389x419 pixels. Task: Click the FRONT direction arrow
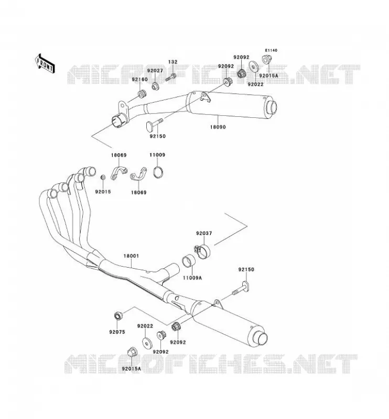(x=45, y=63)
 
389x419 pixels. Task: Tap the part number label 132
(x=172, y=62)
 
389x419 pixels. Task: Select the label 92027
(x=155, y=71)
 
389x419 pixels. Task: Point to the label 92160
(x=139, y=80)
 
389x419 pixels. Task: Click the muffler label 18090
(x=218, y=127)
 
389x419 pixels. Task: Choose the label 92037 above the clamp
(x=204, y=233)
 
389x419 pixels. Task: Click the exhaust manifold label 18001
(x=131, y=256)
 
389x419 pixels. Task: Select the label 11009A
(x=192, y=278)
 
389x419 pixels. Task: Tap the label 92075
(x=117, y=332)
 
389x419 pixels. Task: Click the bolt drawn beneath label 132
(x=170, y=78)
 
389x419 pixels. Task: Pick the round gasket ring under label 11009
(x=158, y=172)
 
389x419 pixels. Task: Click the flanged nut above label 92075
(x=118, y=316)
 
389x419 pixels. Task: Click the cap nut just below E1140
(x=266, y=59)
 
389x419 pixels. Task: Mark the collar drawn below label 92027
(x=155, y=86)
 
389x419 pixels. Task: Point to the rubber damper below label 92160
(x=142, y=94)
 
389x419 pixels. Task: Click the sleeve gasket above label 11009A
(x=189, y=261)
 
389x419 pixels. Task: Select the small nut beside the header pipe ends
(x=102, y=178)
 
